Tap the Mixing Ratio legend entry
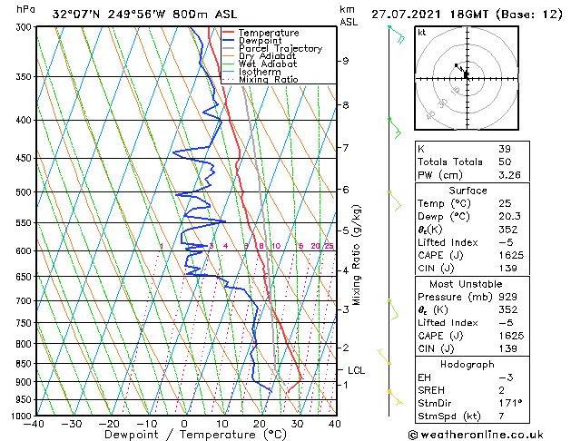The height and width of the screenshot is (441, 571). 268,79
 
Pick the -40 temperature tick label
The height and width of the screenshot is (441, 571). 34,423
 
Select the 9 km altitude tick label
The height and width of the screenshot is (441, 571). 346,61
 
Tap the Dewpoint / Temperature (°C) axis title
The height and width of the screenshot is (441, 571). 185,435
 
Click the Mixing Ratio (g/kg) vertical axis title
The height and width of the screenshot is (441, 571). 357,255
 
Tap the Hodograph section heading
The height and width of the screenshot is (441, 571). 467,364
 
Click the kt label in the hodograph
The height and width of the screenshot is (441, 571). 421,32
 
